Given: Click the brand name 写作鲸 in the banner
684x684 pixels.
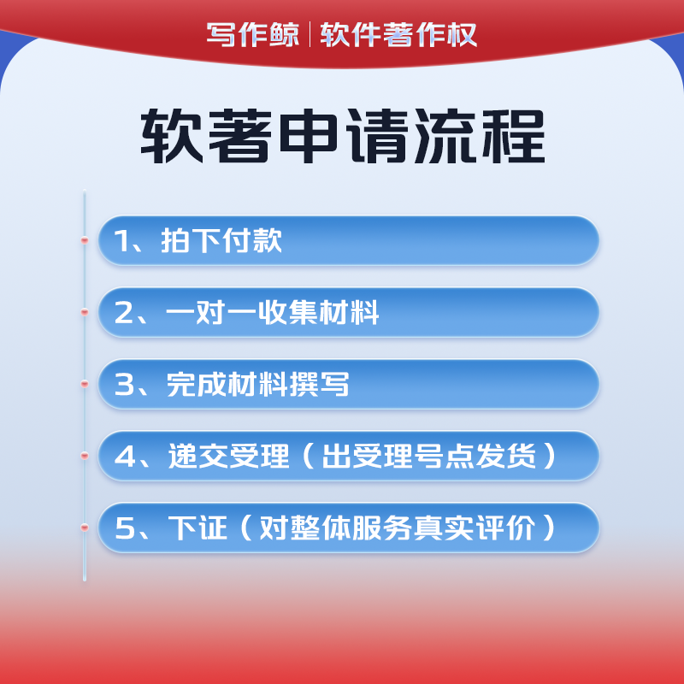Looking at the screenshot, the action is coord(253,34).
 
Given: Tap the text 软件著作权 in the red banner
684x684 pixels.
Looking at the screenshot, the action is coord(398,34).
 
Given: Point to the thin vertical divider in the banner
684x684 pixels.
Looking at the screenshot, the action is coord(310,34).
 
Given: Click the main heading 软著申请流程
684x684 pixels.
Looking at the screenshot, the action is coord(343,136).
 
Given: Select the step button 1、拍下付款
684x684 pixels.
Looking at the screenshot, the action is coord(349,240).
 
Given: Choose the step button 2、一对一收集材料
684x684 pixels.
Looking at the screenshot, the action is coord(349,312).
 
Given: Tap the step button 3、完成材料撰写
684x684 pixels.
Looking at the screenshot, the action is coord(349,384).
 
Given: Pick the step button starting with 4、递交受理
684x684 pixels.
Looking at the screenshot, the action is coord(349,456).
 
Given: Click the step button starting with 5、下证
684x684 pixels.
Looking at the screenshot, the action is coord(349,528).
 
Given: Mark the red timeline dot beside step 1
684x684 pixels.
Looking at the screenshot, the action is coord(85,240).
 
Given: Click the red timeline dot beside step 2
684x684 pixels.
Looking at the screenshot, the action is coord(85,312).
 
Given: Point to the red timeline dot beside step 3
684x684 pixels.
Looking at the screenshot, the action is coord(85,384).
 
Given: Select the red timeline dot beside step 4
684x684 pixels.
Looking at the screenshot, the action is coord(85,456).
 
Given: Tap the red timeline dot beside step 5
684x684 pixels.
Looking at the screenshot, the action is coord(85,528).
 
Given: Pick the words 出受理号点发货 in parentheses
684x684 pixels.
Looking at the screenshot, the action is coord(429,456).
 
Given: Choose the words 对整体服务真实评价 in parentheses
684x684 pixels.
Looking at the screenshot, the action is coord(397,528).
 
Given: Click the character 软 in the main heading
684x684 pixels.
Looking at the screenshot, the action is coord(172,136).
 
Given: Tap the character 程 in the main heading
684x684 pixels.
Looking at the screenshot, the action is coord(514,136).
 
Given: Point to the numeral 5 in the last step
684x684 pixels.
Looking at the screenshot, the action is coord(125,528).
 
